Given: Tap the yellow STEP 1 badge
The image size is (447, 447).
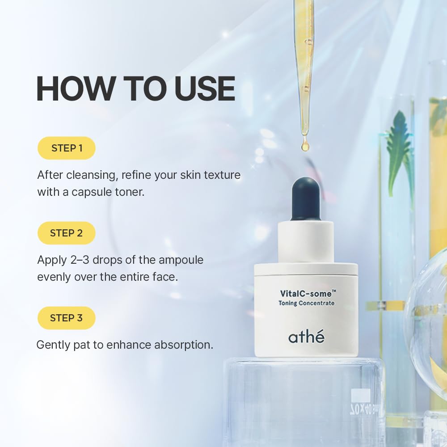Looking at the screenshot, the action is point(67,148).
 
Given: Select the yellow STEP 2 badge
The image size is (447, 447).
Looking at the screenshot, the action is point(67,233).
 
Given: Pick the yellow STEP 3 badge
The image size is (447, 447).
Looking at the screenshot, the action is point(67,318).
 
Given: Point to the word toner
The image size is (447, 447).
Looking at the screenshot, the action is point(130,192).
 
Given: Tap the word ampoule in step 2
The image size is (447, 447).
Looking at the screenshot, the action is point(181,260).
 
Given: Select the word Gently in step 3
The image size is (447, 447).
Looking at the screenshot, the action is point(53,345).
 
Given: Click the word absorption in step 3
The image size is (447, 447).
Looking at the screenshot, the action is point(184,345).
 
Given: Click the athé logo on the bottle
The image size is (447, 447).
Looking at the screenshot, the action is point(306,337).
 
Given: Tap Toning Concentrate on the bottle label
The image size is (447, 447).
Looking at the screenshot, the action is point(307,303).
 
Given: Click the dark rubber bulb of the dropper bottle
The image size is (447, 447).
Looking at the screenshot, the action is point(306,199).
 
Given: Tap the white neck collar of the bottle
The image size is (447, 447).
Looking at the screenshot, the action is point(306,242).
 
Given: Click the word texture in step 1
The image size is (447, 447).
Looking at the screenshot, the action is point(222,175).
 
